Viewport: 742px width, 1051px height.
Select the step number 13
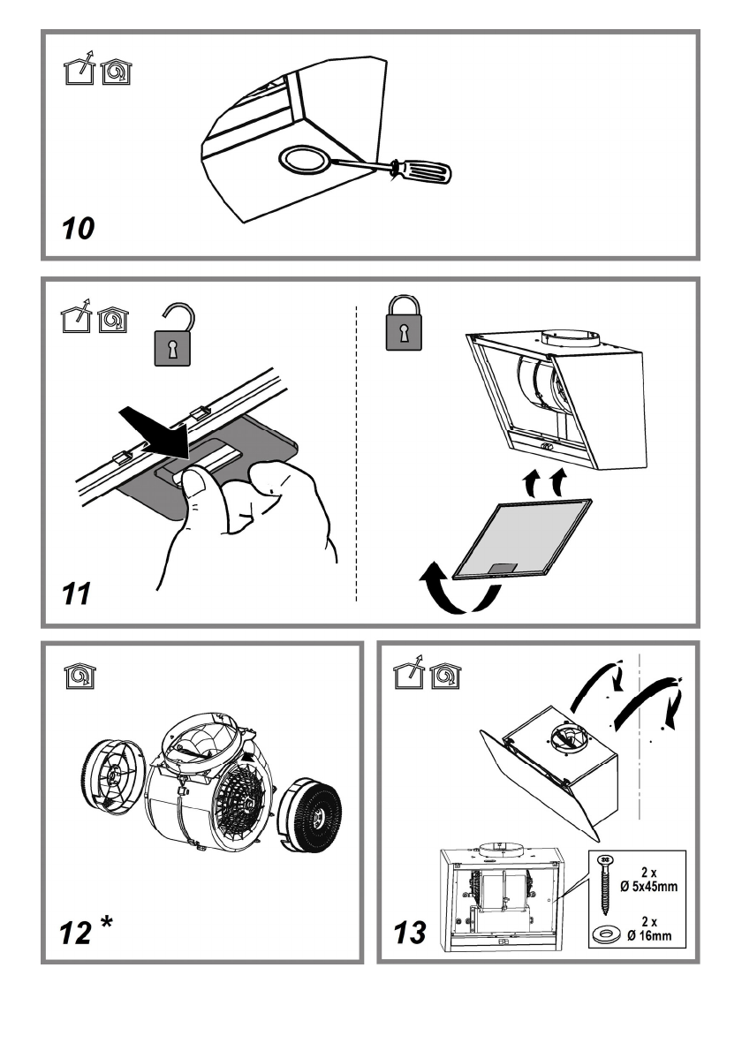click(x=410, y=932)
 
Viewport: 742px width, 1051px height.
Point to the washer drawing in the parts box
click(x=606, y=932)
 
